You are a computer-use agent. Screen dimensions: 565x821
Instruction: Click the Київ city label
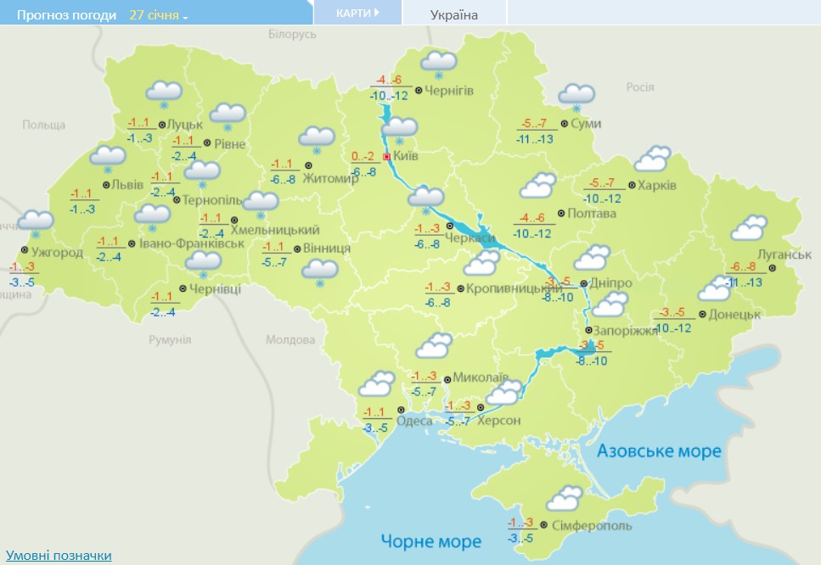click(407, 156)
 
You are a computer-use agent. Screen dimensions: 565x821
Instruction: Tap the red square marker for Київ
click(387, 156)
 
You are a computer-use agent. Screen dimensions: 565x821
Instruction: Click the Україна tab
click(454, 14)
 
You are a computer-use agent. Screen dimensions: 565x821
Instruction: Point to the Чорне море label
click(431, 541)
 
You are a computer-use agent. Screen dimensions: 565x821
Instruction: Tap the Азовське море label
click(659, 450)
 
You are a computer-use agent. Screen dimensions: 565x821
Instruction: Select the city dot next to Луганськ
click(773, 268)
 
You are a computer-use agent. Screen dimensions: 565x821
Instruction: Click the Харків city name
click(658, 185)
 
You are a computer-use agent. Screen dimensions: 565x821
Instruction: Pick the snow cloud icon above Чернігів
click(439, 62)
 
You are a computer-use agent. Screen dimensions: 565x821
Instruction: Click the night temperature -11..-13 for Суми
click(534, 138)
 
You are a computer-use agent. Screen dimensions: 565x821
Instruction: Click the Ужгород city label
click(56, 252)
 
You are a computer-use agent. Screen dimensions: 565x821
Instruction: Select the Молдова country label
click(290, 339)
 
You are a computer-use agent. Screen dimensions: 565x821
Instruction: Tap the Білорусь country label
click(291, 33)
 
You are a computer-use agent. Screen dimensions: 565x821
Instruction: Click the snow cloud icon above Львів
click(108, 156)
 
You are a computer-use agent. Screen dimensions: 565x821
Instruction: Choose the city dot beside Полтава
click(560, 213)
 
